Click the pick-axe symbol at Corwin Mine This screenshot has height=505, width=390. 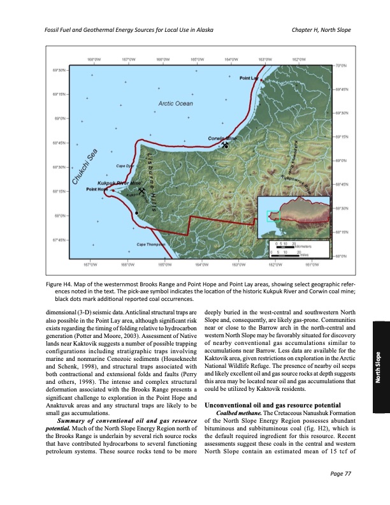pos(224,145)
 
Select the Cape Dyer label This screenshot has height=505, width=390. pos(124,166)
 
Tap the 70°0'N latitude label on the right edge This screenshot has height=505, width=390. pos(340,65)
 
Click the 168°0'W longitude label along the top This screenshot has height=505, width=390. pos(93,58)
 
